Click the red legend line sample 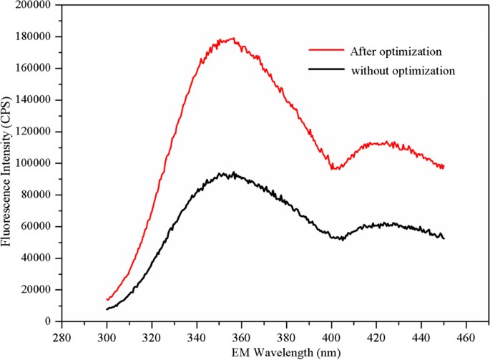coord(325,51)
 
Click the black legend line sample coord(325,71)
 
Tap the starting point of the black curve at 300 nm coord(107,309)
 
